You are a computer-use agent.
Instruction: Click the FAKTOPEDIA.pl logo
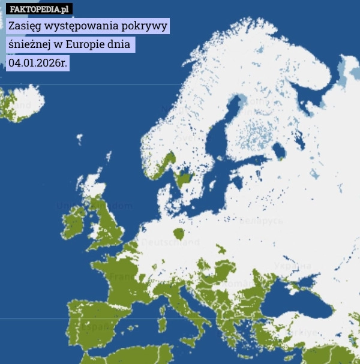[39, 9]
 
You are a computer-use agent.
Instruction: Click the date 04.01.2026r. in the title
[37, 62]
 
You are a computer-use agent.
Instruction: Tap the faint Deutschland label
[170, 243]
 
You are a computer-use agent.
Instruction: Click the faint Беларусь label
[260, 220]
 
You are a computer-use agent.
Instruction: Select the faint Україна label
[292, 265]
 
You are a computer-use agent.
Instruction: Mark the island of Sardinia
[162, 324]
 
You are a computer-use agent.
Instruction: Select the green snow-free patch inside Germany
[178, 233]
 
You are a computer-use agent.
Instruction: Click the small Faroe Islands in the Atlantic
[79, 139]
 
